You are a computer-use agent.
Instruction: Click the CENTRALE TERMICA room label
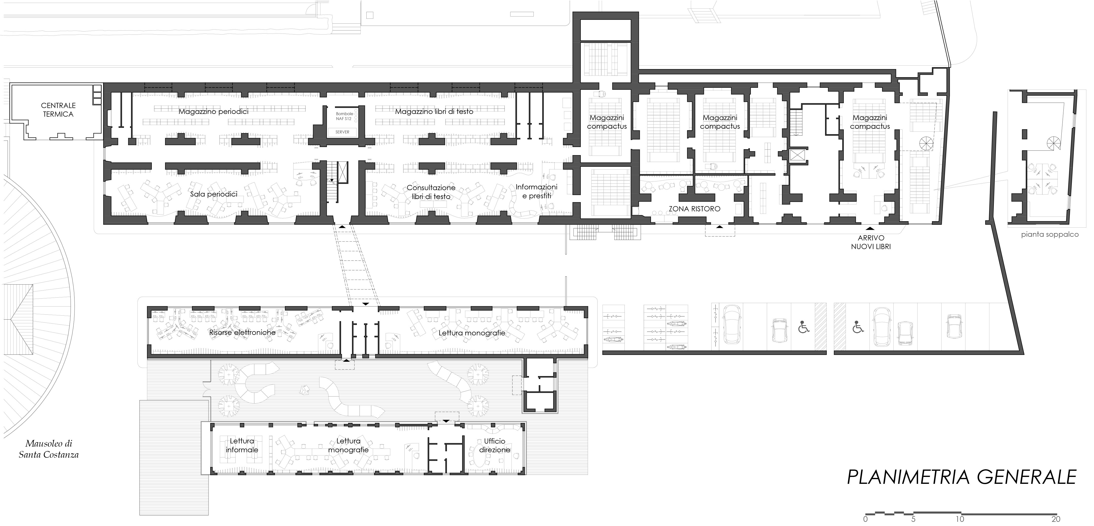pos(58,109)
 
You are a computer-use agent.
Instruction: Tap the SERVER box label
pos(342,132)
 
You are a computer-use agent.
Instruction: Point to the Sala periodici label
pos(214,194)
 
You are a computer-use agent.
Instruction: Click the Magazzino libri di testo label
pos(434,112)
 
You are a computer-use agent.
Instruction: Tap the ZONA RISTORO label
pos(694,209)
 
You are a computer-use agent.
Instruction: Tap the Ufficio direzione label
pos(495,445)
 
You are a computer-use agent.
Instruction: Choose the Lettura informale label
pos(242,445)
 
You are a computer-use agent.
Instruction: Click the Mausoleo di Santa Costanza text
pos(49,449)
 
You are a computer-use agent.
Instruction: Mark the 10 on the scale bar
pos(960,519)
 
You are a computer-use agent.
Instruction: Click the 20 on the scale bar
pos(1056,519)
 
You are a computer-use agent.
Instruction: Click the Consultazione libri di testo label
pos(431,192)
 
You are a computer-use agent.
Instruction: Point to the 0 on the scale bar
pos(866,519)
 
